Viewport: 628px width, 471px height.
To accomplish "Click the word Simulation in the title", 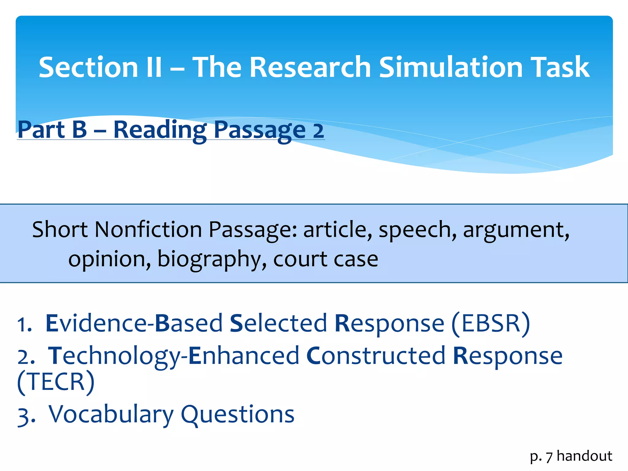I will coord(450,67).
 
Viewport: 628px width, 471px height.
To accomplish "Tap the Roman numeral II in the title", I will coord(154,67).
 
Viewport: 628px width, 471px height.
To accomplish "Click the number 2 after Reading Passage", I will coord(318,131).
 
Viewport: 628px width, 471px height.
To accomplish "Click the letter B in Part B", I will coord(79,130).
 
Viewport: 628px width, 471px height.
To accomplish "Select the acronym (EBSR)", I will coord(491,324).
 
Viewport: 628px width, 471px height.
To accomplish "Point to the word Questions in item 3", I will coord(238,415).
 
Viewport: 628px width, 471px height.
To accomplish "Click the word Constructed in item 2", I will coord(376,356).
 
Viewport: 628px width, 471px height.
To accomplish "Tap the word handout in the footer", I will coord(584,456).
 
